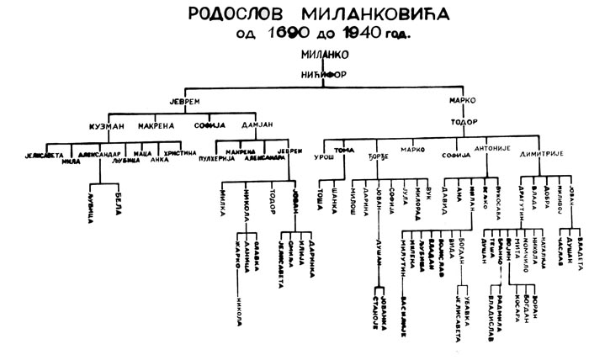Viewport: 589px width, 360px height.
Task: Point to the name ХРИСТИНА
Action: (x=179, y=152)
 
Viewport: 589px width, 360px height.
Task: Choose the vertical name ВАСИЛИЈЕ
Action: (x=404, y=294)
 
